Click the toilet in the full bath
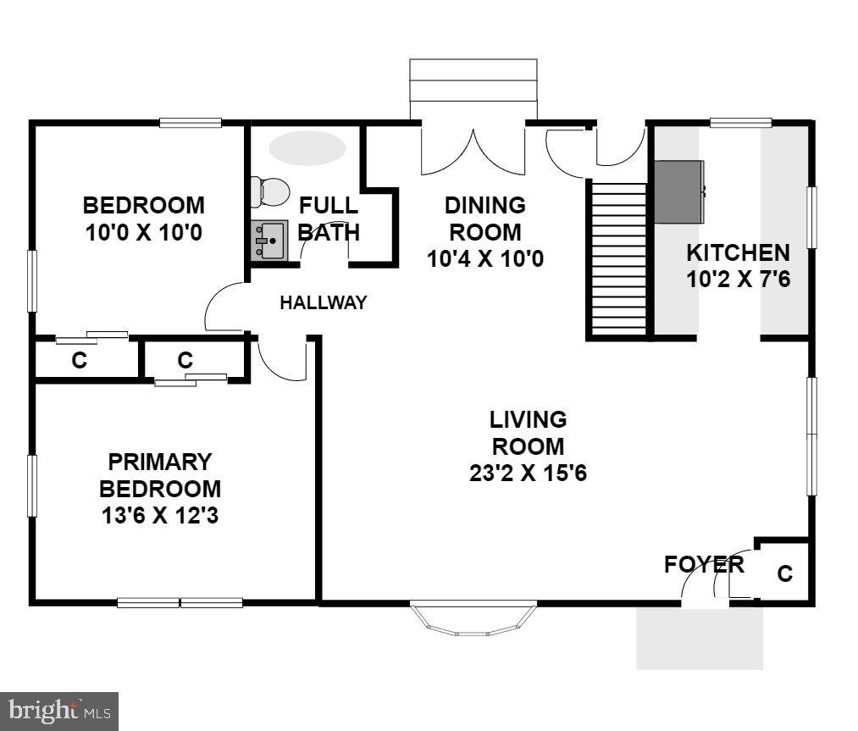point(269,191)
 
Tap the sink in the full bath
point(269,241)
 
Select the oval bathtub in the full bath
point(307,147)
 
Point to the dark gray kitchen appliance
point(678,191)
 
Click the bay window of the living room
point(473,618)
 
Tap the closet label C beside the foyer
point(785,574)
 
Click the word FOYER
point(704,564)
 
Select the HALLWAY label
point(324,302)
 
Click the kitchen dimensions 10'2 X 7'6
point(738,280)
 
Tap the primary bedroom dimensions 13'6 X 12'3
point(160,515)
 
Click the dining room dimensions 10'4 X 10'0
point(485,258)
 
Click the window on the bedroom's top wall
point(191,123)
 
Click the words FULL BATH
point(329,219)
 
